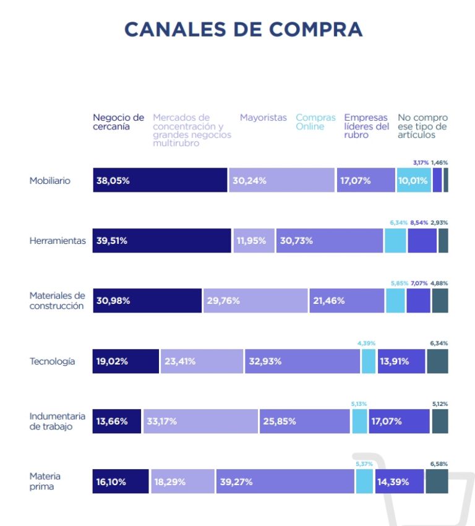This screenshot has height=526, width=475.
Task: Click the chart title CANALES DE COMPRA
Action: click(243, 30)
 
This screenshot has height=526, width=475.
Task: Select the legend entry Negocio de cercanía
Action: click(118, 122)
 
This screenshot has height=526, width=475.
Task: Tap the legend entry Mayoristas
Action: click(263, 118)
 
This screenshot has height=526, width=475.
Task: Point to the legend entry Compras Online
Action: click(315, 122)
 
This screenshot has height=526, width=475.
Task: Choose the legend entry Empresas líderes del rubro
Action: click(367, 126)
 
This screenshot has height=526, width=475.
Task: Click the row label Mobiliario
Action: click(50, 181)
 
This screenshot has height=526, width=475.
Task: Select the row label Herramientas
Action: click(58, 241)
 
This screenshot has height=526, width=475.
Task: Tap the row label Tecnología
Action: click(53, 361)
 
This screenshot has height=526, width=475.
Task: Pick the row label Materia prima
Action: click(45, 481)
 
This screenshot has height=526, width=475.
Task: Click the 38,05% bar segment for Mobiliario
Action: click(160, 181)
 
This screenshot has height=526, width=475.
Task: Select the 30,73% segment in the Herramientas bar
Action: click(330, 241)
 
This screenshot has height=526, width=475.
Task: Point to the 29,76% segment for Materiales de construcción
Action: click(255, 301)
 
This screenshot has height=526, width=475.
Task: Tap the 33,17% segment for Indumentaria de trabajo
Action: click(201, 421)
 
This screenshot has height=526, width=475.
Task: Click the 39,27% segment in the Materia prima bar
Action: click(285, 481)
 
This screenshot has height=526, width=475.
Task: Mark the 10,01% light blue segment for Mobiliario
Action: click(413, 181)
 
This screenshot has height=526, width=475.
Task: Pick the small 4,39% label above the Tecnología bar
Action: click(366, 343)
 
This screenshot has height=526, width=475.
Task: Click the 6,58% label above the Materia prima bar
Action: click(439, 463)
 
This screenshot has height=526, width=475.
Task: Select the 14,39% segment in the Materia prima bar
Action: click(399, 481)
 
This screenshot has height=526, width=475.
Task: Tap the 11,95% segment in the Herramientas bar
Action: click(253, 241)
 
